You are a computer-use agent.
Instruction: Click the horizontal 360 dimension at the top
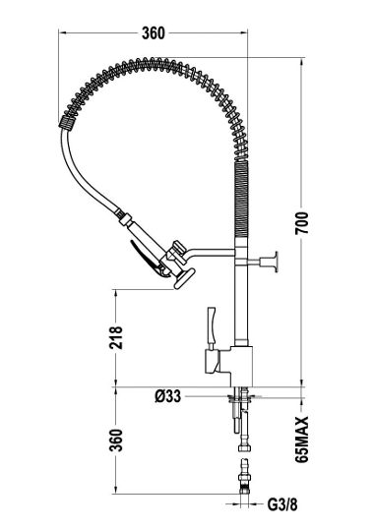click(154, 33)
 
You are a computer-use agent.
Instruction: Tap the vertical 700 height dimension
click(302, 223)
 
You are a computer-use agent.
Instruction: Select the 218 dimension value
click(116, 337)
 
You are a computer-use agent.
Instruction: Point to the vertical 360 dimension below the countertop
click(116, 440)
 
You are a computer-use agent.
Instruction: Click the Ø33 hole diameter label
click(167, 396)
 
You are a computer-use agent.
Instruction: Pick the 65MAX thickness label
click(302, 439)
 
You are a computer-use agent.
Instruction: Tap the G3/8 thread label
click(282, 505)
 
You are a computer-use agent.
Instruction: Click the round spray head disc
click(185, 278)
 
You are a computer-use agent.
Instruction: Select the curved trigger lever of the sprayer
click(146, 258)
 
